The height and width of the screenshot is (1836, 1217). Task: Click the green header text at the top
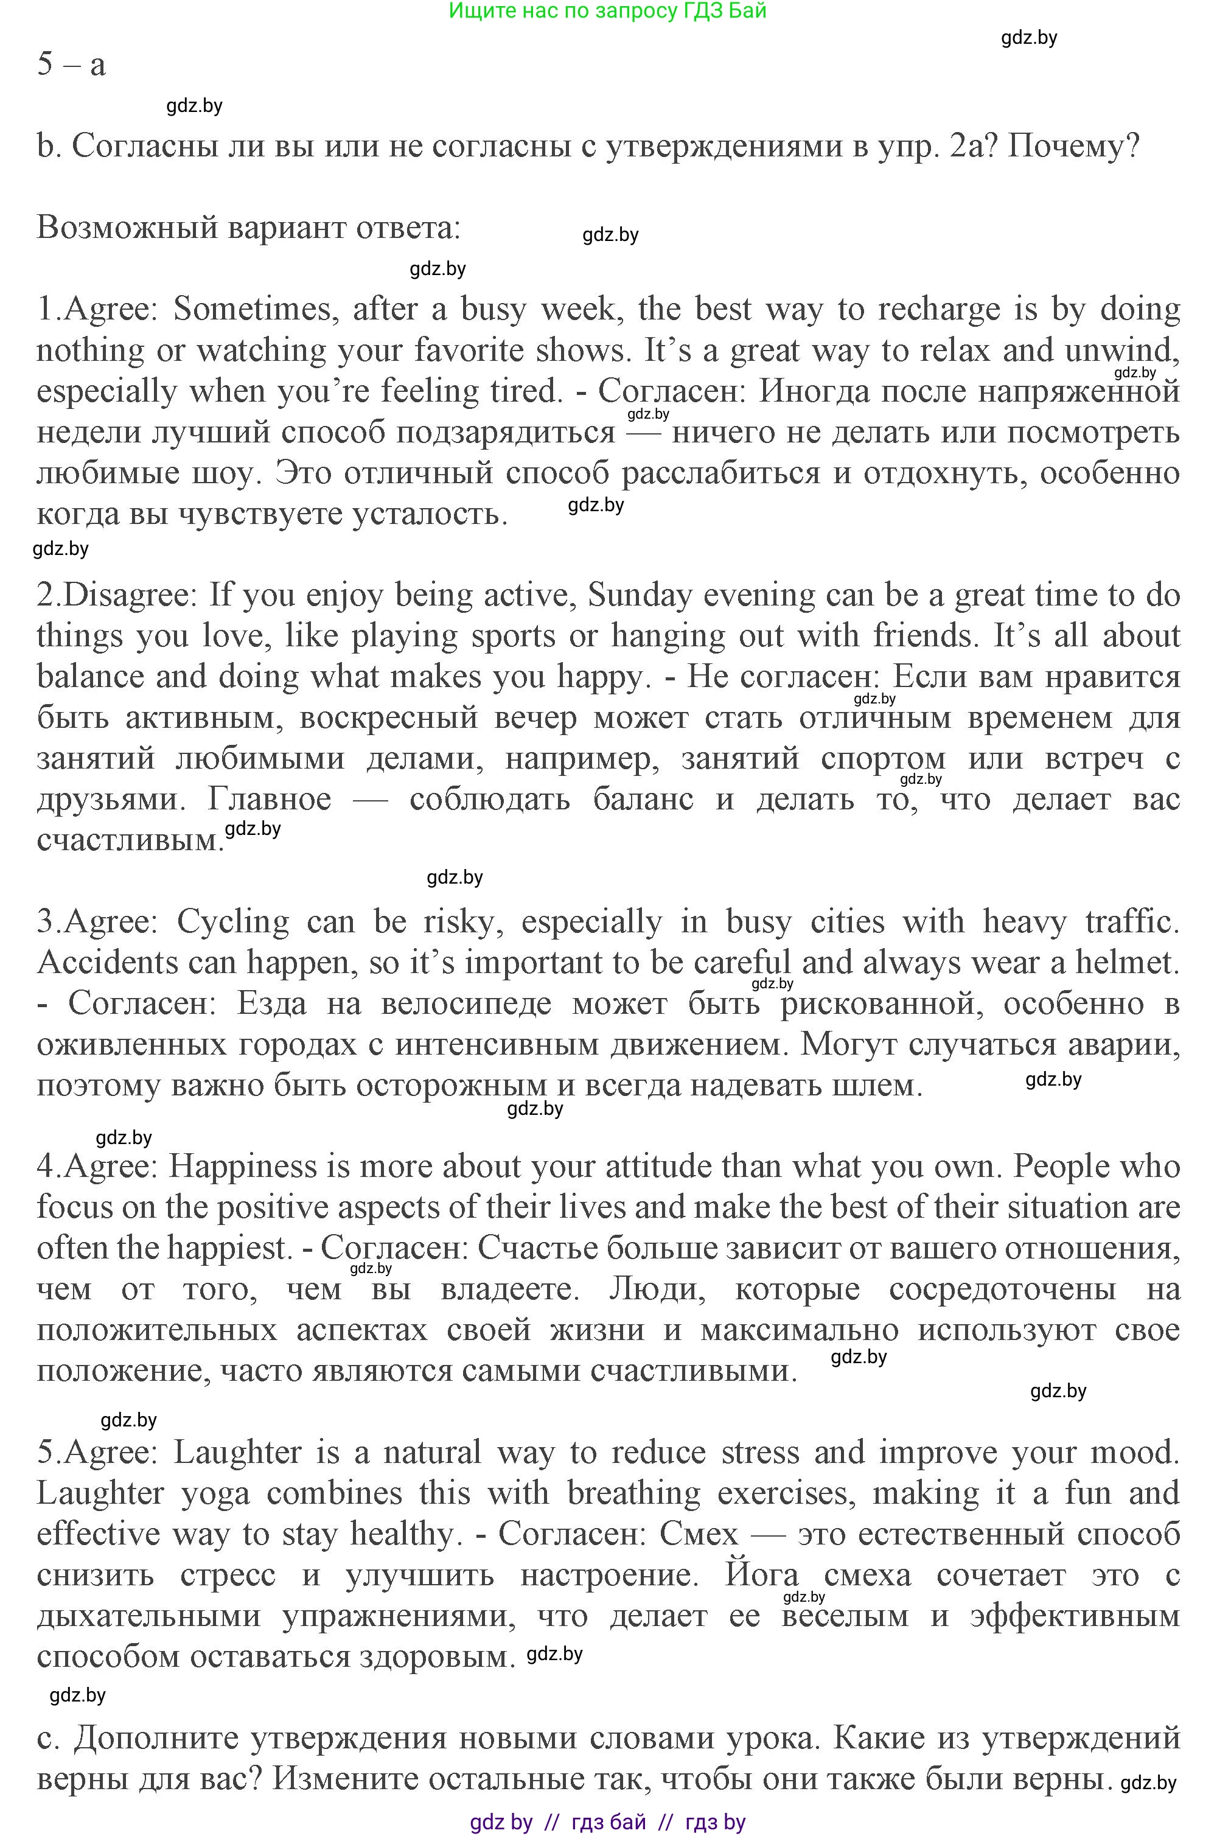pos(608,11)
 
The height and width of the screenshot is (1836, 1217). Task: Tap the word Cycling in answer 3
pos(233,922)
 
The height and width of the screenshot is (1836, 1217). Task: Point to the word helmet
pos(1125,963)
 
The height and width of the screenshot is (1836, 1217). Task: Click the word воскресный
pos(388,718)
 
